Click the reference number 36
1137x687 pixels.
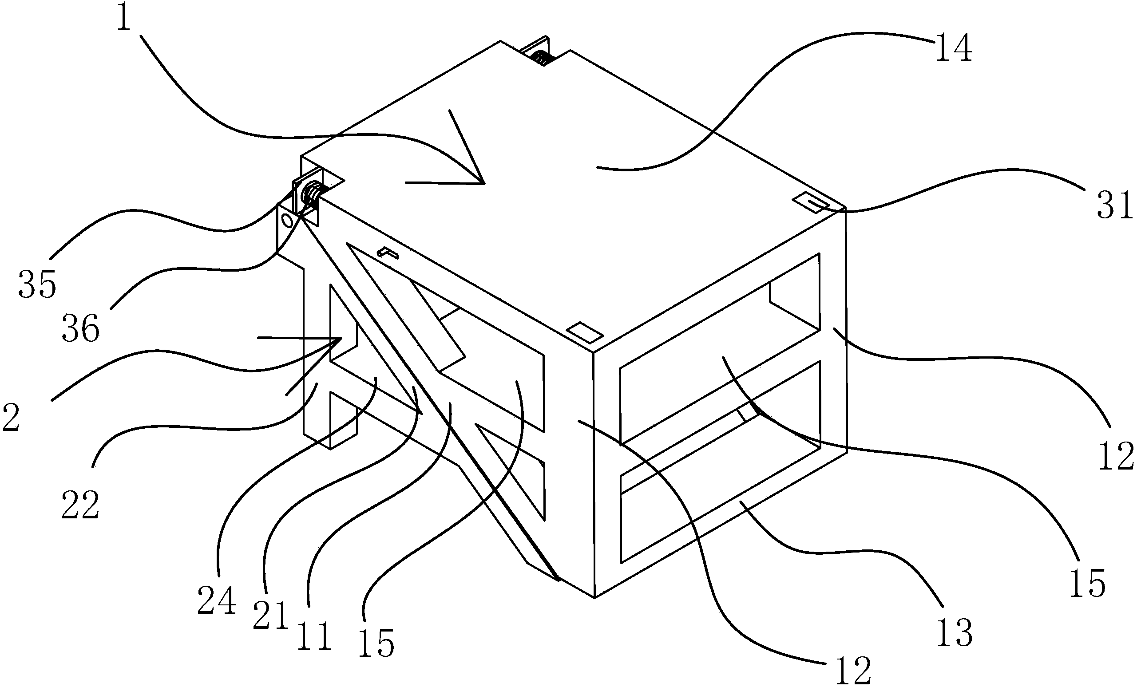(81, 328)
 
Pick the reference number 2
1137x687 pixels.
(11, 417)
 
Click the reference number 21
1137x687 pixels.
(271, 616)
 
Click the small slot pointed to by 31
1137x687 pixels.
(811, 203)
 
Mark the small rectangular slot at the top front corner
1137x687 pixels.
(585, 332)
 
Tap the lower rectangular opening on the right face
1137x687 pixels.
(720, 462)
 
